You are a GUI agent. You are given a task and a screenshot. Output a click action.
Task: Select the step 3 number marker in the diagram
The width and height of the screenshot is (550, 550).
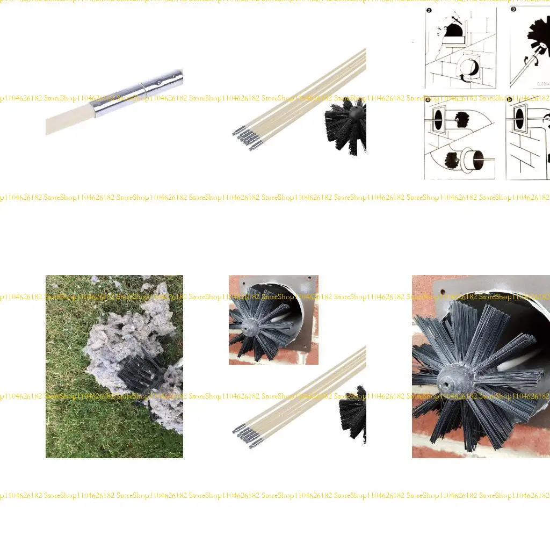514,10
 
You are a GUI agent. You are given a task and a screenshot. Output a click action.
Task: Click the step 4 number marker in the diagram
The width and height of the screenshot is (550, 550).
429,100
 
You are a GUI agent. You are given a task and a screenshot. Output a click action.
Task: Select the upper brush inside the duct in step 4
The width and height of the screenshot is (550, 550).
462,119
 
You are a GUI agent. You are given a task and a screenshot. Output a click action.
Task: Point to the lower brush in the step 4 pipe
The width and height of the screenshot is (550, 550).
452,159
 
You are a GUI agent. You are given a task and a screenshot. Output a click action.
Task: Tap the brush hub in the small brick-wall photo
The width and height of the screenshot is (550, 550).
249,326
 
